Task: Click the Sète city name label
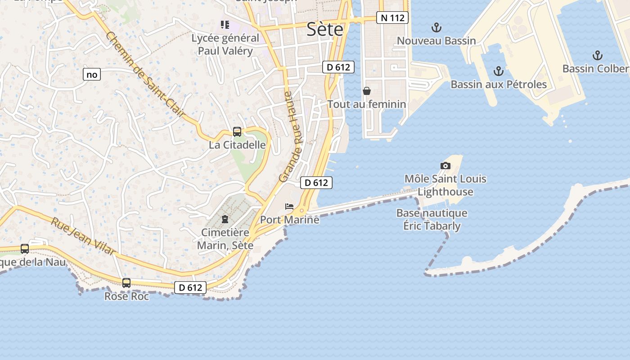point(324,30)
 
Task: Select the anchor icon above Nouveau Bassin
point(436,28)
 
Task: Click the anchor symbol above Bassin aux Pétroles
point(498,71)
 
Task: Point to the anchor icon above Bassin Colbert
point(597,56)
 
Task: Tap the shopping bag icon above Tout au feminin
point(367,91)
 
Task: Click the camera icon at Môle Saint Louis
point(445,166)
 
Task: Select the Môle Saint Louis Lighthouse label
point(445,185)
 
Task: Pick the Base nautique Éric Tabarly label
point(432,219)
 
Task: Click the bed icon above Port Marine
point(289,207)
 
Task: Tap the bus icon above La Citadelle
point(237,132)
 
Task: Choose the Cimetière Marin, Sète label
point(225,239)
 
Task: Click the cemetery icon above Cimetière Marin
point(225,219)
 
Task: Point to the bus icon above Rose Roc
point(126,283)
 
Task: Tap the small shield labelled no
point(91,75)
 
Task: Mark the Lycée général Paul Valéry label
point(225,45)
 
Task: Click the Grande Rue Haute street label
point(292,137)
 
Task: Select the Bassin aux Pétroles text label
point(499,85)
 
